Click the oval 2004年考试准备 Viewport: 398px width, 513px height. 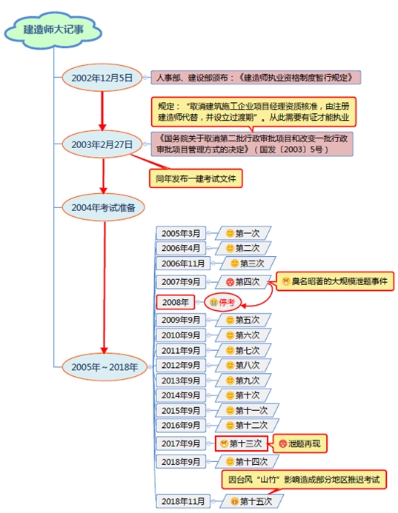pos(103,208)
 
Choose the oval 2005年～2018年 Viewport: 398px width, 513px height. pos(105,366)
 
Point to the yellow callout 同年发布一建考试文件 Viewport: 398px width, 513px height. pos(196,178)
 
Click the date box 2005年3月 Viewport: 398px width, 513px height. pos(182,234)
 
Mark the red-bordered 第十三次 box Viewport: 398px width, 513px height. pos(241,443)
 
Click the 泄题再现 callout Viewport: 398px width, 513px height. pos(302,443)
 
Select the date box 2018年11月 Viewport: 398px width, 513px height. pos(182,501)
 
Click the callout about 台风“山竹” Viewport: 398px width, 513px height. pos(304,480)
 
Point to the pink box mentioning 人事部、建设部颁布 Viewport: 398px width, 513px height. pos(256,77)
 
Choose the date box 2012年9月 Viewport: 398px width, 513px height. pos(182,366)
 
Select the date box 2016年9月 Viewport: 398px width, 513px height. pos(182,426)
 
